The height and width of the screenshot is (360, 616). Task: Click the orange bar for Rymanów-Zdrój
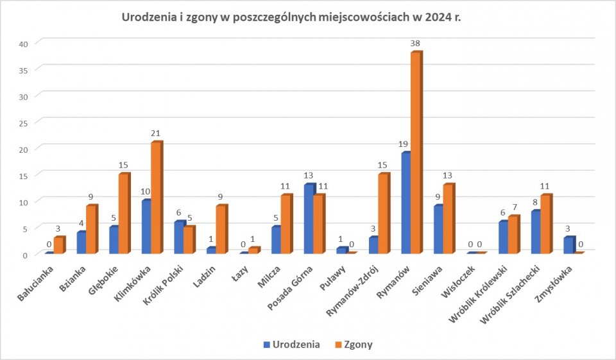pyautogui.click(x=383, y=214)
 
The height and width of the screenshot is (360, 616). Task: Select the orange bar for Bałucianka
pyautogui.click(x=58, y=246)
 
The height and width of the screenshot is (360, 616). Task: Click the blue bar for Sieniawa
pyautogui.click(x=438, y=229)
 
